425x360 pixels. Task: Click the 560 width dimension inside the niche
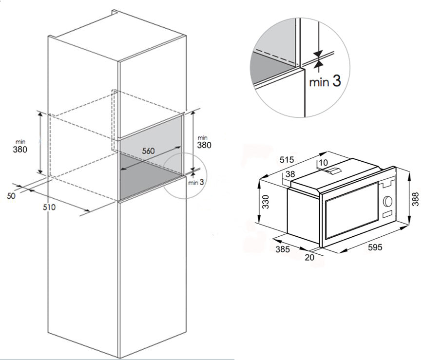click(x=148, y=151)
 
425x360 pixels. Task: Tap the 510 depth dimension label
click(x=49, y=207)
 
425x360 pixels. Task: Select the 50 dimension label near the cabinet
click(x=11, y=195)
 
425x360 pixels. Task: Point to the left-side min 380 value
click(x=20, y=149)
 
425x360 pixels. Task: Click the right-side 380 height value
click(x=204, y=145)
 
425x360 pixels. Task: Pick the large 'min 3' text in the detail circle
click(x=325, y=81)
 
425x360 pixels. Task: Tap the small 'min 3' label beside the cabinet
click(x=196, y=182)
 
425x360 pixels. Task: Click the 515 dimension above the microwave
click(x=287, y=160)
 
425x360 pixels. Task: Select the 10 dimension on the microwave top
click(x=323, y=163)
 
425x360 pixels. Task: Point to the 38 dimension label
click(x=290, y=174)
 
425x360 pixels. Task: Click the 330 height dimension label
click(x=266, y=202)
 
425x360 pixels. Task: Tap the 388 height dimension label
click(x=416, y=199)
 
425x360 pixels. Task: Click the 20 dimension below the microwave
click(x=309, y=257)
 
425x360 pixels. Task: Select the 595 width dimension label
click(x=375, y=247)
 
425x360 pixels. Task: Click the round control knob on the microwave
click(x=387, y=201)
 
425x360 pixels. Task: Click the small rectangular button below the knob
click(x=387, y=214)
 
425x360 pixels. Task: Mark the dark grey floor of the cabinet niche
click(x=149, y=176)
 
